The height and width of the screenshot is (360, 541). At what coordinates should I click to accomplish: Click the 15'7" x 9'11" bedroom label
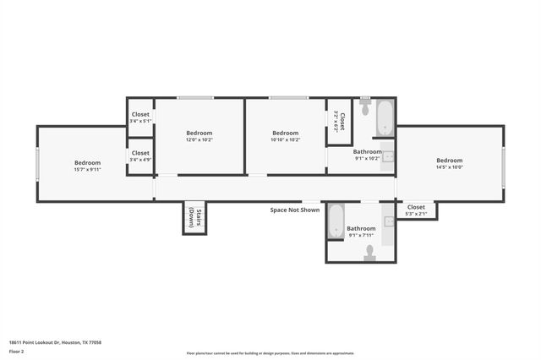pyautogui.click(x=87, y=166)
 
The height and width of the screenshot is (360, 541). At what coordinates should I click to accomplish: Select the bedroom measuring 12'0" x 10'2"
pyautogui.click(x=199, y=136)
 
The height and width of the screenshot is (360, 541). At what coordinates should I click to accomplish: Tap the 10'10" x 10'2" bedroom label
pyautogui.click(x=285, y=136)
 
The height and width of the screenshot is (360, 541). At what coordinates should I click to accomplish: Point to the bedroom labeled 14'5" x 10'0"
pyautogui.click(x=449, y=164)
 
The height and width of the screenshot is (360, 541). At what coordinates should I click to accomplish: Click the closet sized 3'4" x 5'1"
pyautogui.click(x=140, y=117)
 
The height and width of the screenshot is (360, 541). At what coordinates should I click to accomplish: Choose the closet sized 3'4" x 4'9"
pyautogui.click(x=140, y=156)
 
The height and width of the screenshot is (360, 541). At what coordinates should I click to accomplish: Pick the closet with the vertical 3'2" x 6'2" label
pyautogui.click(x=338, y=122)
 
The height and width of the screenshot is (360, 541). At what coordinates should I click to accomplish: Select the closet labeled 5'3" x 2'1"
pyautogui.click(x=416, y=210)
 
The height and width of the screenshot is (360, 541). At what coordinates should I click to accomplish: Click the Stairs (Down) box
pyautogui.click(x=194, y=218)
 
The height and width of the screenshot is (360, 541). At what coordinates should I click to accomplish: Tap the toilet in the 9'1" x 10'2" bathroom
pyautogui.click(x=365, y=108)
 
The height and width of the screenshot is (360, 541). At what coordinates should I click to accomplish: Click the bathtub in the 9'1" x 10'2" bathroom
pyautogui.click(x=385, y=118)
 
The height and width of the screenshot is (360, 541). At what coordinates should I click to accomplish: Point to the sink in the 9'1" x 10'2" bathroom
pyautogui.click(x=388, y=156)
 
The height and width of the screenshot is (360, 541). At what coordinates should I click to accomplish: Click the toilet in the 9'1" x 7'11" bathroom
pyautogui.click(x=369, y=252)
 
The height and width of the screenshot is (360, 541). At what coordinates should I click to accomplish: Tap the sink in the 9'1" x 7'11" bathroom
pyautogui.click(x=389, y=221)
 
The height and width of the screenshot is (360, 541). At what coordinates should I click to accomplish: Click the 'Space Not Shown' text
pyautogui.click(x=294, y=210)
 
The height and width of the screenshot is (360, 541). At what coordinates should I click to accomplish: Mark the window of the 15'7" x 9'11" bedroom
pyautogui.click(x=37, y=163)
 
